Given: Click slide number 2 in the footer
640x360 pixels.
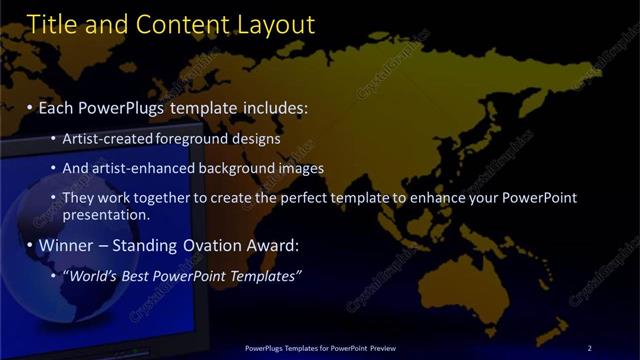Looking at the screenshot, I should (589, 347).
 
